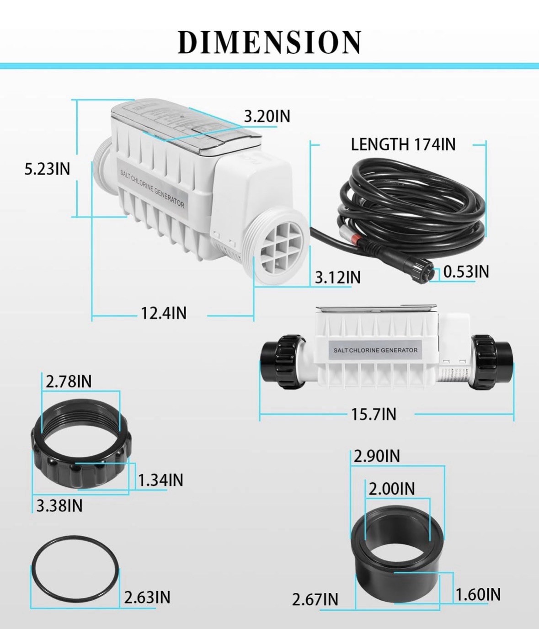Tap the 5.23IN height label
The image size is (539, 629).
[x=47, y=169]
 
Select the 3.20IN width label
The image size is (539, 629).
[x=267, y=116]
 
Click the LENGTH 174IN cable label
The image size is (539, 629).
[x=403, y=144]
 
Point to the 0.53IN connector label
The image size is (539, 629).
[x=466, y=272]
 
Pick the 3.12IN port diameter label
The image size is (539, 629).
[x=337, y=277]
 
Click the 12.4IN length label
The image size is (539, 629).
[x=163, y=314]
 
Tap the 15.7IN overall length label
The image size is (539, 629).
[x=374, y=414]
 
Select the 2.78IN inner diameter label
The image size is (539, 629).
[x=69, y=381]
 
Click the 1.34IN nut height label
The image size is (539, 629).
[x=160, y=480]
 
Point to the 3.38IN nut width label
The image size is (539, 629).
[x=59, y=506]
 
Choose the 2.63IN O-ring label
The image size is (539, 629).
[x=147, y=597]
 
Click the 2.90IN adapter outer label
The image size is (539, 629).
[x=377, y=456]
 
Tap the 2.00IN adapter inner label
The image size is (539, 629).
[x=392, y=489]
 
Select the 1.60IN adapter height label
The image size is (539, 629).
[x=478, y=594]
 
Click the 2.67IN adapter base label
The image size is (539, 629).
[x=315, y=599]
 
